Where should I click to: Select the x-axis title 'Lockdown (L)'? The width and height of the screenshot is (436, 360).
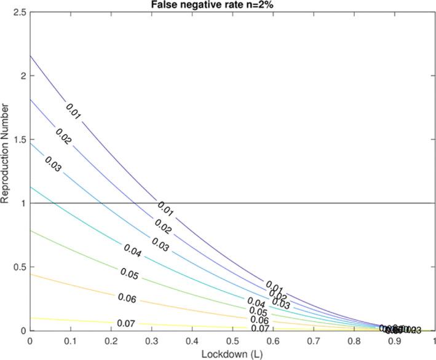point(232,353)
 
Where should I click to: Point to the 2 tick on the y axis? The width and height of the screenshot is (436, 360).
point(23,76)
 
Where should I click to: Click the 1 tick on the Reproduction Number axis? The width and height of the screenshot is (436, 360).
point(23,203)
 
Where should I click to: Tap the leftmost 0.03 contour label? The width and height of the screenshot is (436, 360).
point(54,165)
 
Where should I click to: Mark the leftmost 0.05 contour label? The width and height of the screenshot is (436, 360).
point(129,272)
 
